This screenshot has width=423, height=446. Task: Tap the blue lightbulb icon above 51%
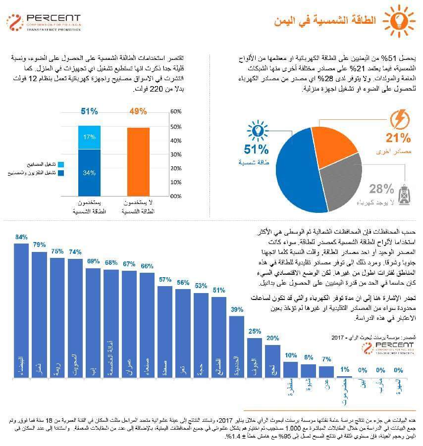pos(257,130)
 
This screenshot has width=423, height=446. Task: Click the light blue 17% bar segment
pos(89,137)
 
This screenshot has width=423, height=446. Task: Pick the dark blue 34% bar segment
pos(89,172)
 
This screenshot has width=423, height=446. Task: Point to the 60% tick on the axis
pos(176,112)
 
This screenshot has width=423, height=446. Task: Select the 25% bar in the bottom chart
pos(255,356)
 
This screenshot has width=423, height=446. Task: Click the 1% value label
pos(345,369)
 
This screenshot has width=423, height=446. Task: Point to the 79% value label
pos(39,245)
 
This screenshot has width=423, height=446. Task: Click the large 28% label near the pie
pos(381,189)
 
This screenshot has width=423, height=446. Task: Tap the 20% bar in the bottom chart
pos(272,360)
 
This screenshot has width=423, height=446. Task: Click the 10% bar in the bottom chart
pos(291,369)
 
